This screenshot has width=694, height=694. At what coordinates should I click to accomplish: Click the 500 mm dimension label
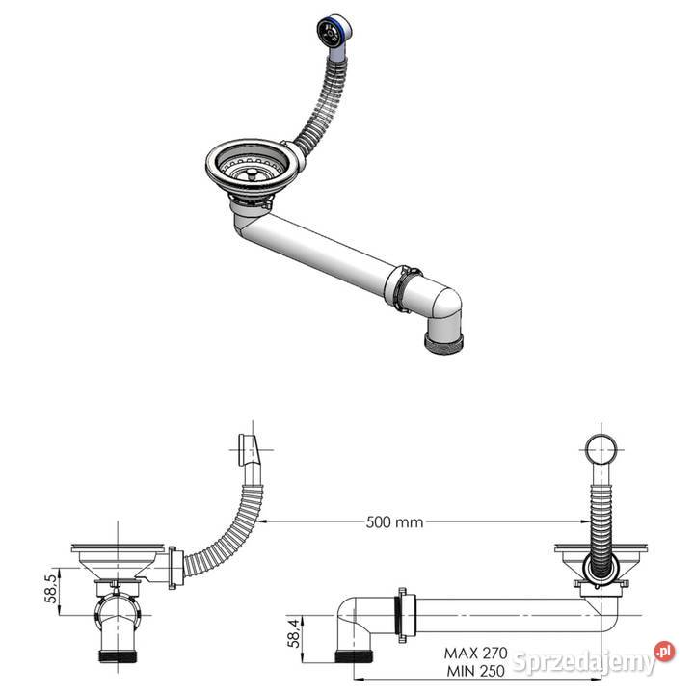coord(394,522)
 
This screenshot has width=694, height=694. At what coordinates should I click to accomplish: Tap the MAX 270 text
coord(476,653)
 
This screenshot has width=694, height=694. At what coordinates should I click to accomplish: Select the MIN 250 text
coord(476,671)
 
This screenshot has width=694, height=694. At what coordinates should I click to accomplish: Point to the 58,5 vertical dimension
coord(51,589)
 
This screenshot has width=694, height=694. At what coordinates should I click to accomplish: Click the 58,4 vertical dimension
coord(293,633)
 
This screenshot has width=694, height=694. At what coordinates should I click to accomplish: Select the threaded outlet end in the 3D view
coord(443,341)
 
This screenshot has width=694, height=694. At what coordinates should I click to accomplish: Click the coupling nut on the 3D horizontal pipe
coord(402,288)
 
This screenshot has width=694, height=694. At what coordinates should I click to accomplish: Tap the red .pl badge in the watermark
coord(664,652)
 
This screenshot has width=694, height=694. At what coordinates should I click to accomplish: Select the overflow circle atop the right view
coord(601,449)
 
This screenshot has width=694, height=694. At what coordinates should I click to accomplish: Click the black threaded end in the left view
coord(118,656)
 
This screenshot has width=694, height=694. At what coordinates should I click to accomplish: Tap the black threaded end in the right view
coord(354,656)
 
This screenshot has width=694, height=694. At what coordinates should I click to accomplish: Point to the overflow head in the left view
coord(249,449)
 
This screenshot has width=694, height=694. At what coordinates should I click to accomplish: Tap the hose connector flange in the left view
coord(173,568)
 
